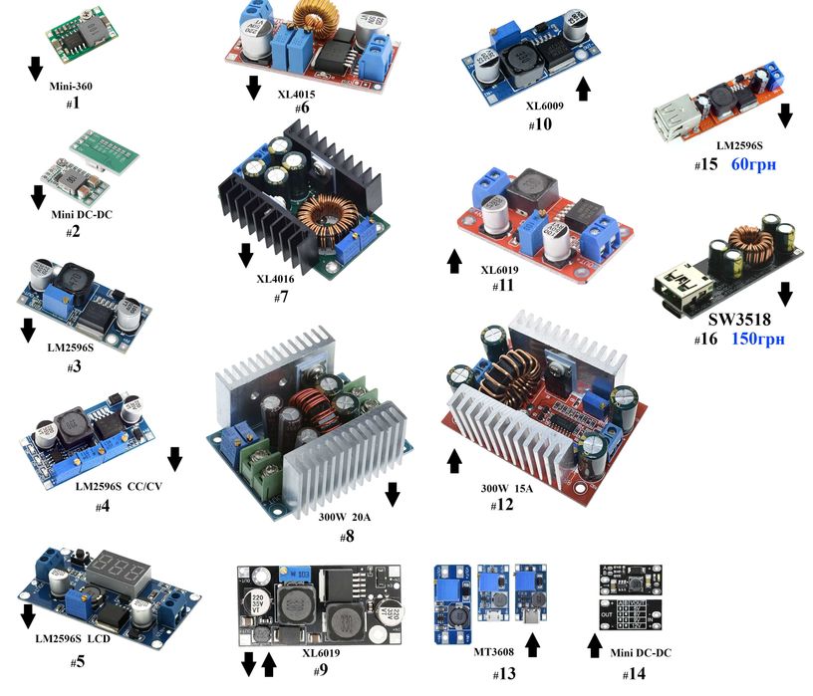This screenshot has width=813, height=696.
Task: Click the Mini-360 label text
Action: pos(71,86)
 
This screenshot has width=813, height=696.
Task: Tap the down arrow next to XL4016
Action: pos(245,257)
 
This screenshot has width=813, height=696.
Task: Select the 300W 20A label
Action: pos(346,517)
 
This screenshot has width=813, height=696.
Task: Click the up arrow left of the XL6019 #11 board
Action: pos(454,262)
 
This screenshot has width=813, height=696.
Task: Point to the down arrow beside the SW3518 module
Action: pos(785,293)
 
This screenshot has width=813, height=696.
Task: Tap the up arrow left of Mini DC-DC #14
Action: pos(595,647)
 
